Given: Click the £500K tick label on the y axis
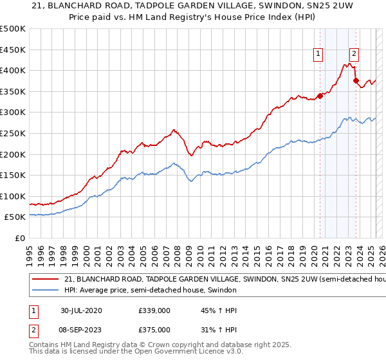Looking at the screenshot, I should [x=13, y=29].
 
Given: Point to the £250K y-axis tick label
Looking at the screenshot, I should [x=13, y=133].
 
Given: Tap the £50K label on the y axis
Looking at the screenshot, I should [x=15, y=217].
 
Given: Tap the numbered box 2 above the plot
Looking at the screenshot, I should [x=354, y=55].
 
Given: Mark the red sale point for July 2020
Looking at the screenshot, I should [x=320, y=96].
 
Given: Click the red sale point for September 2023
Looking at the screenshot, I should [x=356, y=81].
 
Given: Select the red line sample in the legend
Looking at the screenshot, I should [x=46, y=280].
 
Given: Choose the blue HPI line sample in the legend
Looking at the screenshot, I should [x=46, y=291].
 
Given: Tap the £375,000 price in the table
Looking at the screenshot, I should [x=154, y=330].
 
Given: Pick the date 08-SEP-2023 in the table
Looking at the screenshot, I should [x=81, y=330].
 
